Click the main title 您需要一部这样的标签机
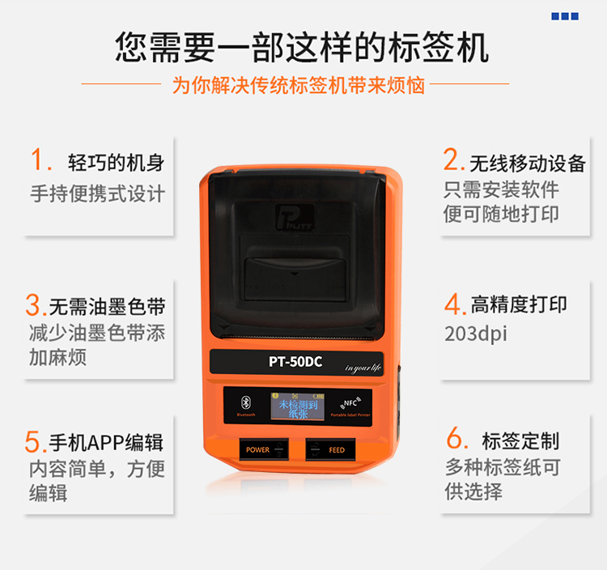pyautogui.click(x=302, y=47)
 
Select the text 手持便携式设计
pyautogui.click(x=97, y=194)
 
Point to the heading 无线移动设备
pyautogui.click(x=527, y=163)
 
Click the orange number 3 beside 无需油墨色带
pyautogui.click(x=34, y=306)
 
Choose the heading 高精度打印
pyautogui.click(x=519, y=305)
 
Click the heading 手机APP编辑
pyautogui.click(x=106, y=442)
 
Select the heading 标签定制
pyautogui.click(x=520, y=441)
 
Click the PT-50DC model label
pyautogui.click(x=295, y=362)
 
